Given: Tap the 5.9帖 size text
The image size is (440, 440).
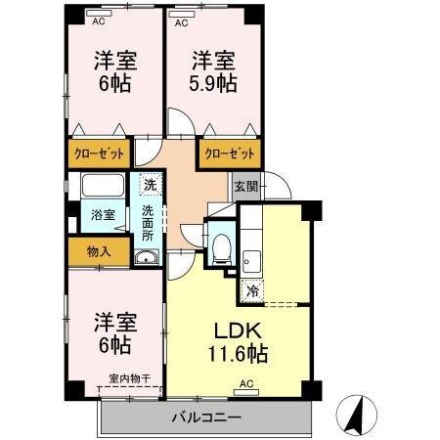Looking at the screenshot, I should tap(214, 84).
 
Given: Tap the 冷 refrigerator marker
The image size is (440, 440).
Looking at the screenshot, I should tap(252, 290).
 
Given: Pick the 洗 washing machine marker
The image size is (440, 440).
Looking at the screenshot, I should tap(149, 184).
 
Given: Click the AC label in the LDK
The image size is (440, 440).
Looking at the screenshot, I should tap(246, 383).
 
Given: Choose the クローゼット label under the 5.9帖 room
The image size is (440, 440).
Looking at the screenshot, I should tap(230, 154).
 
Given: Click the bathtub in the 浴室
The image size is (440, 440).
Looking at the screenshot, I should tap(103, 185).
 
